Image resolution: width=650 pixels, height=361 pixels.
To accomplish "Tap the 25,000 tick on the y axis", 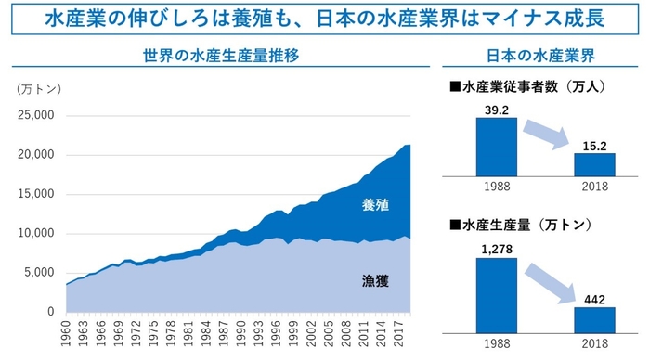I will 36,115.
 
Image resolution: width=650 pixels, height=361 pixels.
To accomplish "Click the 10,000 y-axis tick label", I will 36,233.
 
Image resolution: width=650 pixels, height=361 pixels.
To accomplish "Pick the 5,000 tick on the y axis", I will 40,273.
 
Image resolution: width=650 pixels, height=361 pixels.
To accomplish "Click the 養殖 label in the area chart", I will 375,206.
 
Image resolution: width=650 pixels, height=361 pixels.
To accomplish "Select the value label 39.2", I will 496,110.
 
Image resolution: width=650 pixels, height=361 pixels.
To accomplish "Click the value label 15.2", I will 593,146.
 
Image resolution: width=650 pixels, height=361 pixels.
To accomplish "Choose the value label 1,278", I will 496,250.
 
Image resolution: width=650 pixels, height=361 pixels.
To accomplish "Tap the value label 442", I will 593,298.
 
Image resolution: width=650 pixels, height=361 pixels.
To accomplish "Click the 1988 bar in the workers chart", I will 496,147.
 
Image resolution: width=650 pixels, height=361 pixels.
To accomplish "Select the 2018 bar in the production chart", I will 593,321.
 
